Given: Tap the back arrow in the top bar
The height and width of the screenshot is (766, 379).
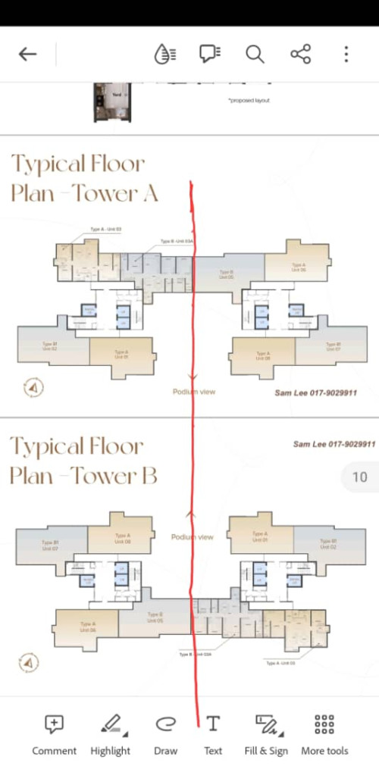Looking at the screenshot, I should (x=28, y=54).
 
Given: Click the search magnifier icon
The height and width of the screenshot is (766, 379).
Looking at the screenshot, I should (x=255, y=54).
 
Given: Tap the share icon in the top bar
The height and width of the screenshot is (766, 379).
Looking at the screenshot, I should (x=300, y=54).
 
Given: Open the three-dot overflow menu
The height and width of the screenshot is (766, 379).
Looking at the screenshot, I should (x=346, y=54).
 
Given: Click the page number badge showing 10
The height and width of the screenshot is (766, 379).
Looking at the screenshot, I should (x=359, y=477).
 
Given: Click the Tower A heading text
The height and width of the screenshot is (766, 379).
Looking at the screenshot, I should (x=83, y=178).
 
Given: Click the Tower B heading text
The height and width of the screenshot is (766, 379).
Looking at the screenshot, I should (x=83, y=461).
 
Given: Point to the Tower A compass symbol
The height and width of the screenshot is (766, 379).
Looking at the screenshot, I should (x=33, y=388).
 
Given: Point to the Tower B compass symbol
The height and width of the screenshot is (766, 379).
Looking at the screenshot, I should (x=30, y=663).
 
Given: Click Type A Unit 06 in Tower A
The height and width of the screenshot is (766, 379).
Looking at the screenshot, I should (x=299, y=266).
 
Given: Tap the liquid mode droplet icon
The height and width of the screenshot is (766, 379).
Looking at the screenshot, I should (x=164, y=54).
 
